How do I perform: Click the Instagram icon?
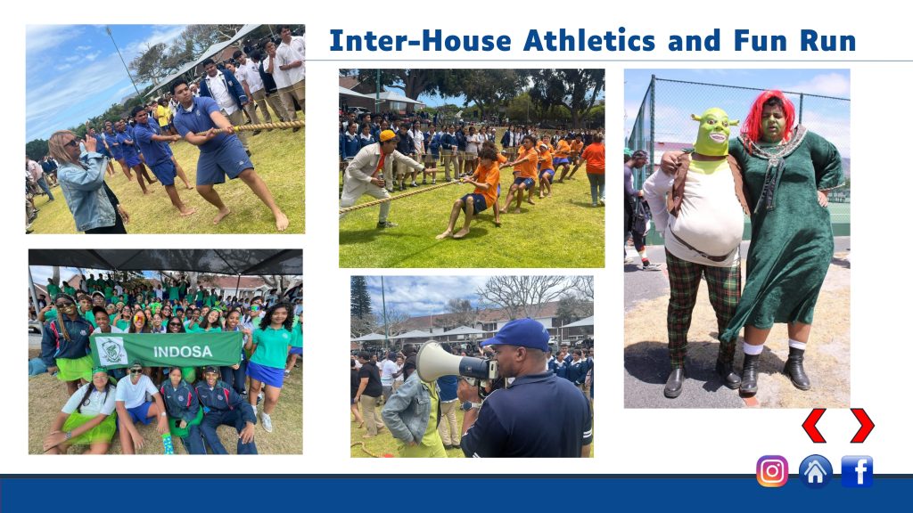pos(772,470)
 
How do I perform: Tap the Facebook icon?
pos(857,471)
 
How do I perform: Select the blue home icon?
pos(815,471)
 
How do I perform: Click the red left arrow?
pos(814,425)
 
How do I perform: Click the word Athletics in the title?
pos(589,41)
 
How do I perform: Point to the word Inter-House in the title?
pos(421,41)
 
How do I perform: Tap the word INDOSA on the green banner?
pos(182,352)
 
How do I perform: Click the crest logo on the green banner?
pos(111,351)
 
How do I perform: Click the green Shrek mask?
pos(714,132)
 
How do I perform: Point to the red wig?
pos(768,115)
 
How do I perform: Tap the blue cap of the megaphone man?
pos(518,334)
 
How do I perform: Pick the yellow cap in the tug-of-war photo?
pos(387,135)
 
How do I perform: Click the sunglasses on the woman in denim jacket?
pos(71,142)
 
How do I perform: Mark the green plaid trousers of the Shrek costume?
pos(702,305)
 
